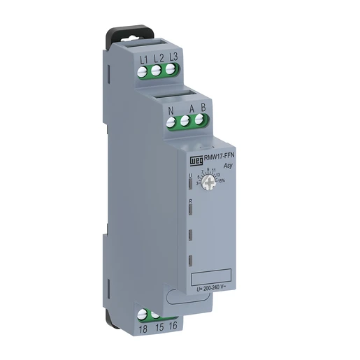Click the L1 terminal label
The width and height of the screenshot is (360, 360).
point(143,59)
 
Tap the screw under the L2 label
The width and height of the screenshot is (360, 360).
point(157,70)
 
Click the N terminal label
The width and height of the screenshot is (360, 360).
point(171,109)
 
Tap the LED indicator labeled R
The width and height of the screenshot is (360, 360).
point(192,209)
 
